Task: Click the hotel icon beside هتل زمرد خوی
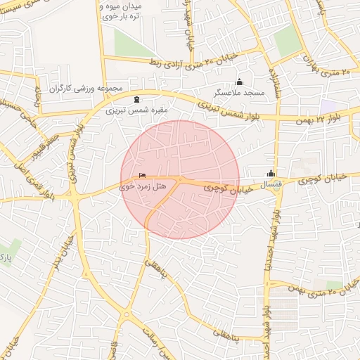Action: [143, 176]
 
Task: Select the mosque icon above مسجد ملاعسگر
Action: [239, 82]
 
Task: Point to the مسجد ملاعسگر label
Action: [240, 93]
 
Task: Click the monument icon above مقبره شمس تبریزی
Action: [136, 99]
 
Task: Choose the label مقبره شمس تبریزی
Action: [131, 110]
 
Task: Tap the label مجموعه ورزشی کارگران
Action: [86, 89]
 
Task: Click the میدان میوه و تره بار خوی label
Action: [123, 11]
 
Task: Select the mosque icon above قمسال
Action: [271, 173]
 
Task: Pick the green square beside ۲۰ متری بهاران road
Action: [287, 43]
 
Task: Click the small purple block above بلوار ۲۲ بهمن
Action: [327, 105]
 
